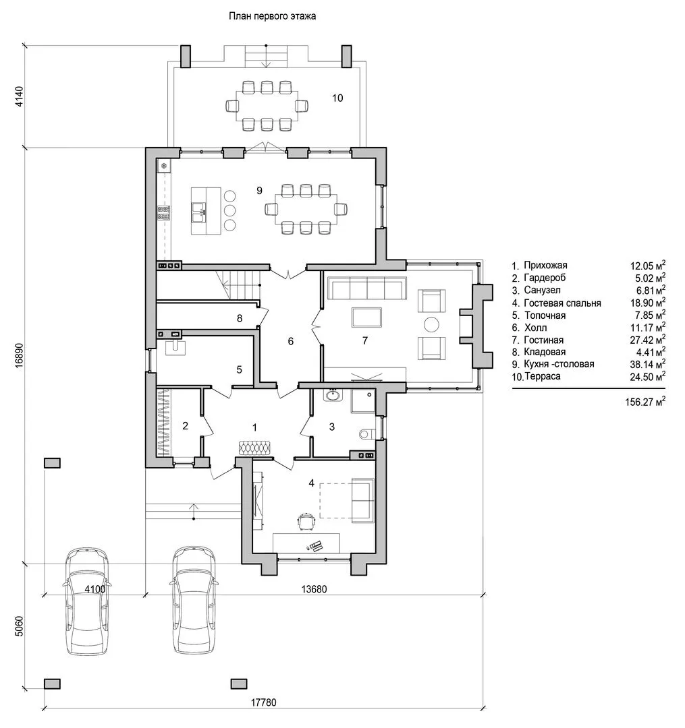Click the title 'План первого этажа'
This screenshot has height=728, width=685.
click(273, 16)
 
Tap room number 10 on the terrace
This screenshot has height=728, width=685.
click(337, 98)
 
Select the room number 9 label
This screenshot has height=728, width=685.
click(259, 190)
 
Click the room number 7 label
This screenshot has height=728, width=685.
click(365, 341)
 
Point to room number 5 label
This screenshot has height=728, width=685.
click(240, 369)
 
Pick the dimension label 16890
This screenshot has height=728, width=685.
click(19, 356)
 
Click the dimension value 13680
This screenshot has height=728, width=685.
click(314, 589)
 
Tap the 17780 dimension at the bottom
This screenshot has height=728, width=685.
click(263, 702)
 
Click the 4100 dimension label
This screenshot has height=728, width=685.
click(94, 589)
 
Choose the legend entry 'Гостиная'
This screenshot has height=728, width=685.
click(544, 340)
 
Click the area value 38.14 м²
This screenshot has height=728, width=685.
click(647, 363)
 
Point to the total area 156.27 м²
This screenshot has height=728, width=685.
click(645, 402)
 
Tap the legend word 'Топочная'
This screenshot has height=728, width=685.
click(545, 315)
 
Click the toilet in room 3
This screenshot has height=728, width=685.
click(366, 434)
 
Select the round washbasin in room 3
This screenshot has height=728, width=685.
click(332, 395)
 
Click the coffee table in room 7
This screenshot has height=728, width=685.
click(366, 318)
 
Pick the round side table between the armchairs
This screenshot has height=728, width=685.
click(432, 324)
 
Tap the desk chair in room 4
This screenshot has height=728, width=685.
click(305, 520)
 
